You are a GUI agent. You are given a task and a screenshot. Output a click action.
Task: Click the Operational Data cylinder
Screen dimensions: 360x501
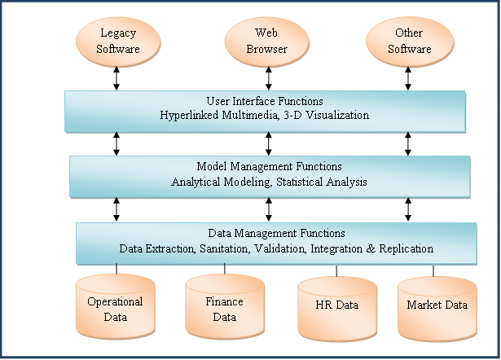pyautogui.click(x=115, y=309)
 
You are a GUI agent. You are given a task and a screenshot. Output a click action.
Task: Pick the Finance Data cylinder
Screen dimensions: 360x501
pyautogui.click(x=225, y=309)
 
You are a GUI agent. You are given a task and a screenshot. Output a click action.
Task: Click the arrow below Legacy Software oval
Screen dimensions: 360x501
pyautogui.click(x=117, y=77)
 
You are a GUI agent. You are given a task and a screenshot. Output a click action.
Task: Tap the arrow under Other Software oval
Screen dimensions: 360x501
pyautogui.click(x=409, y=77)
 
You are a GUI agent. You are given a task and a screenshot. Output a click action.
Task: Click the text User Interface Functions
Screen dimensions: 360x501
pyautogui.click(x=265, y=102)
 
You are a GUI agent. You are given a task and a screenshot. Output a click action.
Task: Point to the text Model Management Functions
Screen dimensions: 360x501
pyautogui.click(x=269, y=167)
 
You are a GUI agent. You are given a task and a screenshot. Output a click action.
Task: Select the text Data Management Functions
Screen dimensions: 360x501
pyautogui.click(x=276, y=234)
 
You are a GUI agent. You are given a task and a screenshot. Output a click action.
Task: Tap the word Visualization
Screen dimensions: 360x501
pyautogui.click(x=336, y=116)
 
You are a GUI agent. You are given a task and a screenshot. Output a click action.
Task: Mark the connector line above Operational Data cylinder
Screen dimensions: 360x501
pyautogui.click(x=117, y=269)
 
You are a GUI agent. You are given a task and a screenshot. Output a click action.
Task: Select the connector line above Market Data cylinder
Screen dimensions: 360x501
pyautogui.click(x=433, y=270)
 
